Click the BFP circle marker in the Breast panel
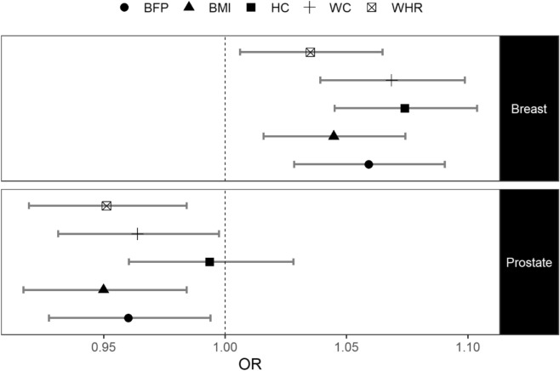369,164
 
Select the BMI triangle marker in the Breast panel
334,136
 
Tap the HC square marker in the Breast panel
405,108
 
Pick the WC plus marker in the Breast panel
391,80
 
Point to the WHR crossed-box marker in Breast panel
310,53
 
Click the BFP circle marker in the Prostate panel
128,317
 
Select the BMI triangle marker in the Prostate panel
104,289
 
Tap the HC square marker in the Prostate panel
209,261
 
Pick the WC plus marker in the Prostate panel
138,233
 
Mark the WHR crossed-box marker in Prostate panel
106,206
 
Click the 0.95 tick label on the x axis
104,346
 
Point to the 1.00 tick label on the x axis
225,346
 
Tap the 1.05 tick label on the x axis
346,346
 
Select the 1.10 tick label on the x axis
466,346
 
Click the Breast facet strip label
529,109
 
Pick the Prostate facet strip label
529,262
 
